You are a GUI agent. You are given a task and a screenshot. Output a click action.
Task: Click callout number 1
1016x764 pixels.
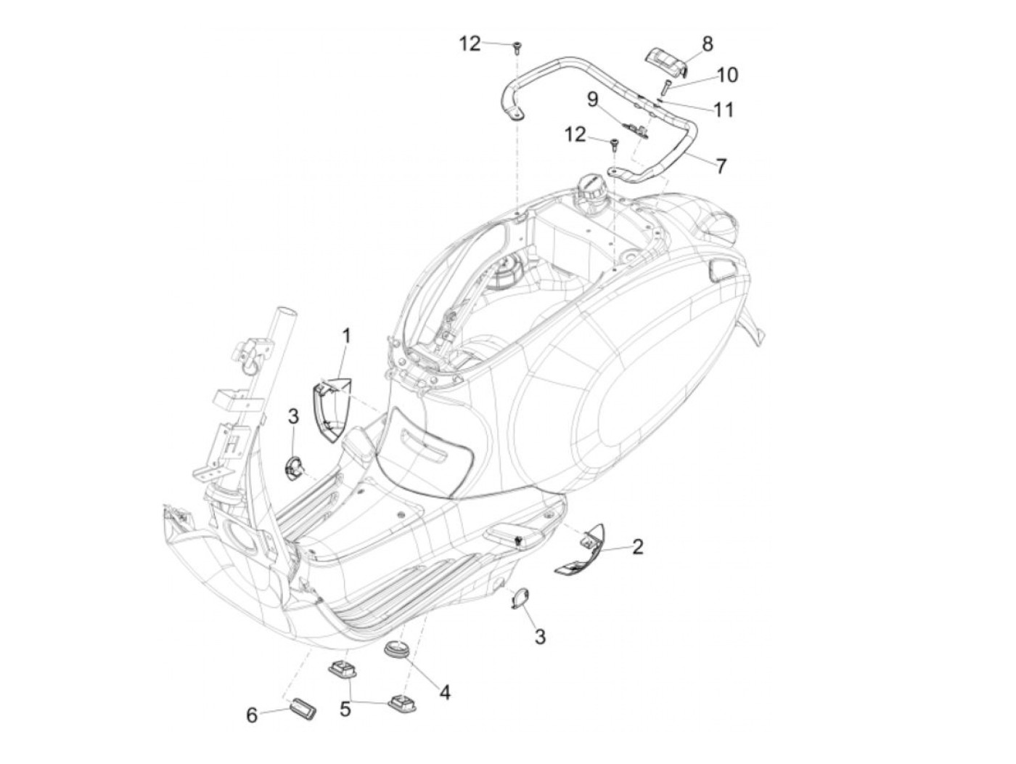click(346, 336)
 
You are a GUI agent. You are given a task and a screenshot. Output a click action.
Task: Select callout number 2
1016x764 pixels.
click(637, 546)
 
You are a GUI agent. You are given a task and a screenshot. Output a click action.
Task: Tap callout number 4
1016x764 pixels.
click(444, 692)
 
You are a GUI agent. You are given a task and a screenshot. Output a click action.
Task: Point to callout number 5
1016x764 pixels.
click(345, 708)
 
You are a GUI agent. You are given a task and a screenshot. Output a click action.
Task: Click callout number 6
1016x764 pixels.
click(252, 715)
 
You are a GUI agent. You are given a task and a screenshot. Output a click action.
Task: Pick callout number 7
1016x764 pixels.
click(720, 166)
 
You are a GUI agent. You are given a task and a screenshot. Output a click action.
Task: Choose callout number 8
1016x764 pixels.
click(707, 44)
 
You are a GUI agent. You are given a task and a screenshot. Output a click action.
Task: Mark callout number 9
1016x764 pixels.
click(592, 99)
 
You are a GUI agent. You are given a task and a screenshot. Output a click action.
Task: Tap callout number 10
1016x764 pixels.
click(727, 74)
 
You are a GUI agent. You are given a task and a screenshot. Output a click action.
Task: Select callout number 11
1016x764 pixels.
click(723, 110)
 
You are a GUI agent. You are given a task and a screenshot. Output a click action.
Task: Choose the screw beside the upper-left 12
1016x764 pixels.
click(517, 48)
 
